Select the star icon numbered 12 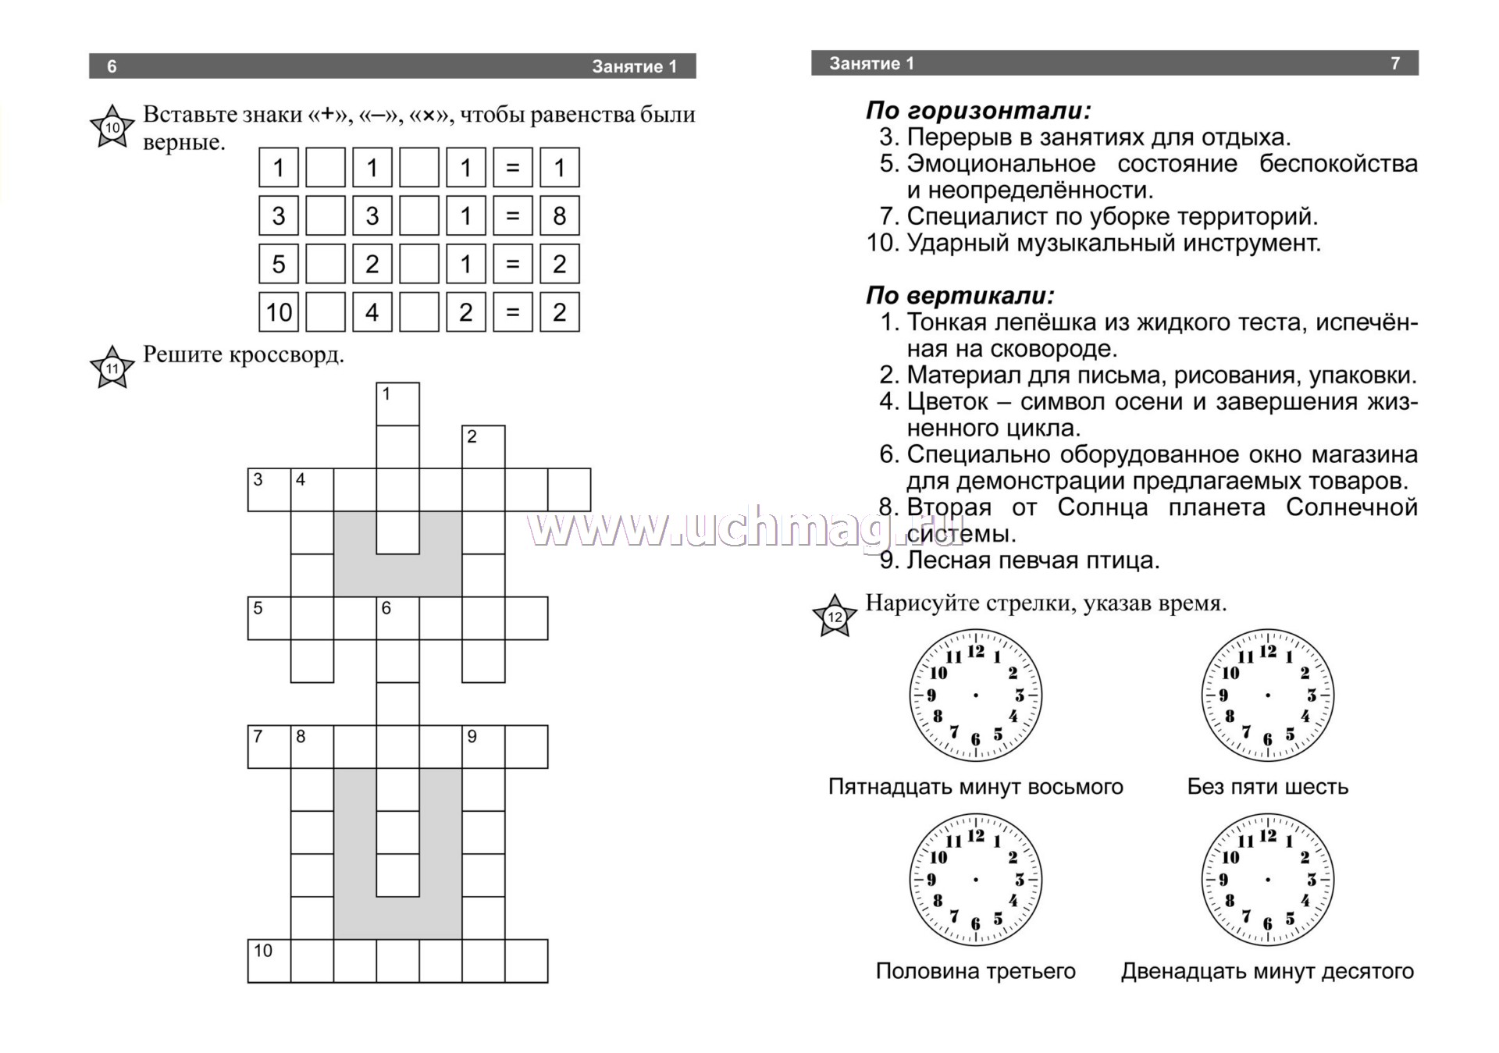(835, 617)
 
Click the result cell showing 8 (559, 215)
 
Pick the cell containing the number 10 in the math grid (279, 312)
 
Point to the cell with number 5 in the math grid (279, 264)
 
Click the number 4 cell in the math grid (372, 312)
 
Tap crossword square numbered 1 (397, 404)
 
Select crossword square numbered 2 (483, 446)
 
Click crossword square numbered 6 (397, 618)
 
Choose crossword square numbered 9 (483, 746)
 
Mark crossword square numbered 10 (269, 960)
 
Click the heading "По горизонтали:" (978, 111)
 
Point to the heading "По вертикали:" (960, 296)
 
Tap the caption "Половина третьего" (975, 971)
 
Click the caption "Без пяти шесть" (1267, 786)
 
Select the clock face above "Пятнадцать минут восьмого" (975, 695)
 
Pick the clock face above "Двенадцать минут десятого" (1267, 880)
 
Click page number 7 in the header (1395, 63)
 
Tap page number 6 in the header (112, 66)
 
